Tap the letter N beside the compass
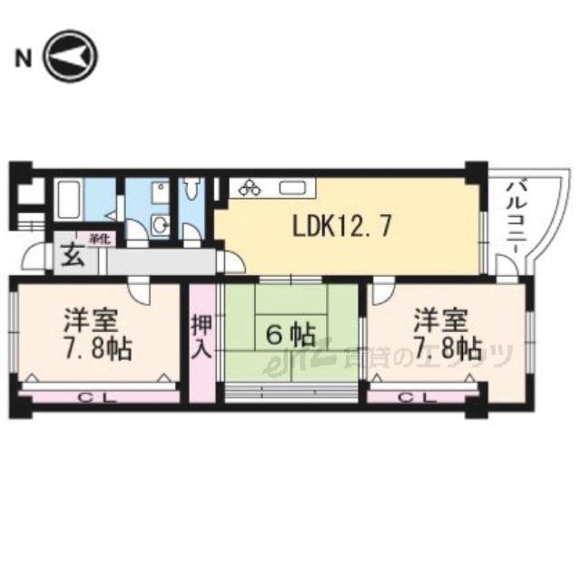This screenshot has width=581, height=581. coord(24,60)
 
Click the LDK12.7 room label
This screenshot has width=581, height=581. coord(341,226)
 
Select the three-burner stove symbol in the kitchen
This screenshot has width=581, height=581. coord(251,189)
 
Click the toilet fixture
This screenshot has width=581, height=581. coord(192,191)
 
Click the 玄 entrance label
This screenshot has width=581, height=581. coord(73,255)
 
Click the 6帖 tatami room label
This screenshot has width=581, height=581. coord(290,335)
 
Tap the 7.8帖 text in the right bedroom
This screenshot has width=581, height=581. coord(444,348)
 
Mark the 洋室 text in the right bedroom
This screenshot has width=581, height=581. coord(442,320)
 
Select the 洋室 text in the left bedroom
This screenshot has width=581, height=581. coord(89,320)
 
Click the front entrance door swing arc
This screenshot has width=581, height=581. coord(34,259)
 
